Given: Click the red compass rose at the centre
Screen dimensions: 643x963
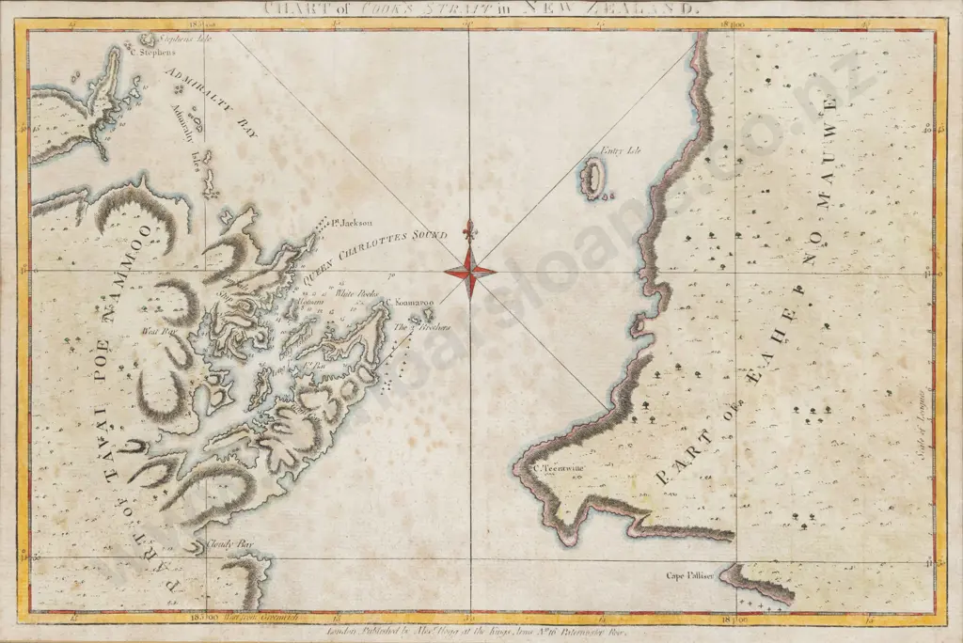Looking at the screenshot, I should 469,272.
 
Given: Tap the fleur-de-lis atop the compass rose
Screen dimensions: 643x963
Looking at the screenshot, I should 469,228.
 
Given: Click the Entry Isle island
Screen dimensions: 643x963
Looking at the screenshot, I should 593,178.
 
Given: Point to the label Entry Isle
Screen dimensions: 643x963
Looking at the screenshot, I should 619,150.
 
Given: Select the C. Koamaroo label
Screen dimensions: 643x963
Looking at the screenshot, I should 408,303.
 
